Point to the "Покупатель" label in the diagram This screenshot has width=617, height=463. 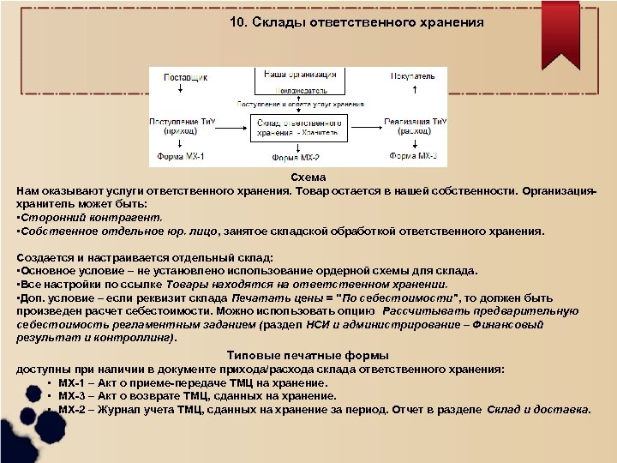tap(413, 76)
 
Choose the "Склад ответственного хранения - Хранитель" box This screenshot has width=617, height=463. tap(297, 128)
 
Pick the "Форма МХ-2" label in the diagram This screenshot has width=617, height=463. tap(297, 159)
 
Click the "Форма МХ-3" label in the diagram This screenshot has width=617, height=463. tap(413, 157)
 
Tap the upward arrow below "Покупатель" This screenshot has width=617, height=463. tap(414, 90)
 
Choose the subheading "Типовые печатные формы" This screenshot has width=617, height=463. tap(308, 355)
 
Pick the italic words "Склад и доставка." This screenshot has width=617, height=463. tap(539, 409)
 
